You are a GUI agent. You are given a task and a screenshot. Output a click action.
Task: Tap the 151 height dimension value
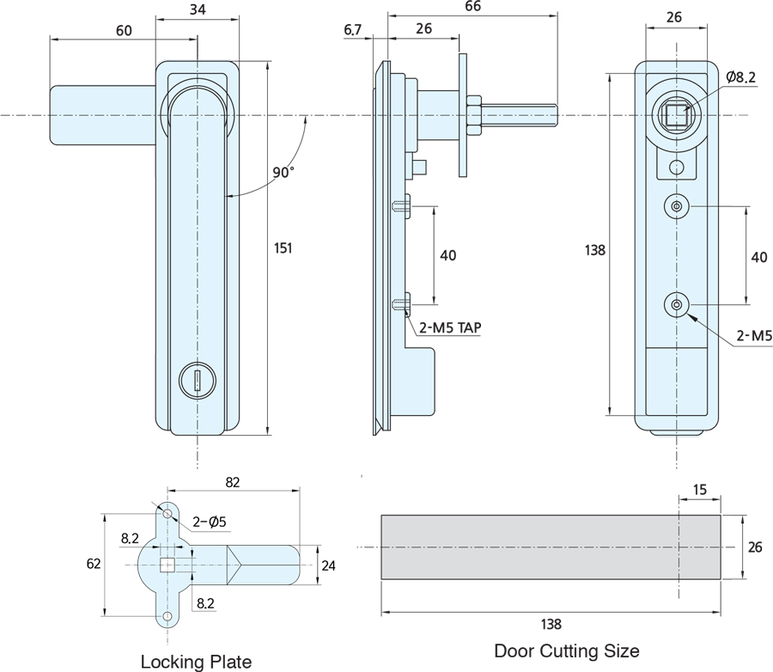[283, 248]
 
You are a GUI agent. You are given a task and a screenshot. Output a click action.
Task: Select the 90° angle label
[283, 172]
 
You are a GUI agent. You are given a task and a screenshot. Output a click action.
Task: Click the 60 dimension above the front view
[123, 31]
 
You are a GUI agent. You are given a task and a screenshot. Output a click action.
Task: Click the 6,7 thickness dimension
[353, 31]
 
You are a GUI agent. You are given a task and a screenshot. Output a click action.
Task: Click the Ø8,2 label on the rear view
[740, 77]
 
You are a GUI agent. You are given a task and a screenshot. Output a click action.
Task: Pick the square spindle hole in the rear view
[675, 113]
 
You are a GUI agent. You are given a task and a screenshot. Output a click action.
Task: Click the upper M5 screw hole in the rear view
[677, 206]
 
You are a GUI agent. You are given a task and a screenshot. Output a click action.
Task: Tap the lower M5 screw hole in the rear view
[677, 305]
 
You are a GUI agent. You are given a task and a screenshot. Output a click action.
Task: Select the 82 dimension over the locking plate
[232, 483]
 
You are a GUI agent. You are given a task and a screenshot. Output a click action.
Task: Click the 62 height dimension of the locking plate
[94, 564]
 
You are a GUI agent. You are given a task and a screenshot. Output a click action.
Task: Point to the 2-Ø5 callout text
[209, 521]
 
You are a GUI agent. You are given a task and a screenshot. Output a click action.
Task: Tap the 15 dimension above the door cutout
[699, 490]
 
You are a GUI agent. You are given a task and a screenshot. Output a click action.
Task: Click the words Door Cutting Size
[566, 651]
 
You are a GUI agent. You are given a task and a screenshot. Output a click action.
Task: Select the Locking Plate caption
[196, 661]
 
